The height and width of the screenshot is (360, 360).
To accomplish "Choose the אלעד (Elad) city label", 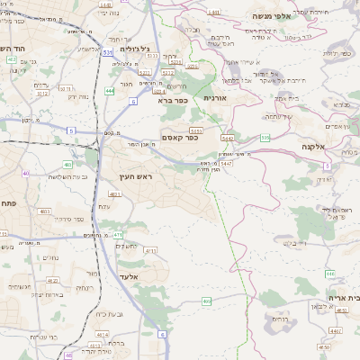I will (128, 276).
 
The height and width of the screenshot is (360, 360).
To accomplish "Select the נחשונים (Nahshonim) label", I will (126, 246).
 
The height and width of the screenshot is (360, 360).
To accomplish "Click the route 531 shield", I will (108, 53).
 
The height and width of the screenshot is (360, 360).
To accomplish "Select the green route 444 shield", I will (109, 91).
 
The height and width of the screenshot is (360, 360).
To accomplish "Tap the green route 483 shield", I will (68, 165).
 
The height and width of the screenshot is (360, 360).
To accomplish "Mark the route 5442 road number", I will (228, 139).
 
